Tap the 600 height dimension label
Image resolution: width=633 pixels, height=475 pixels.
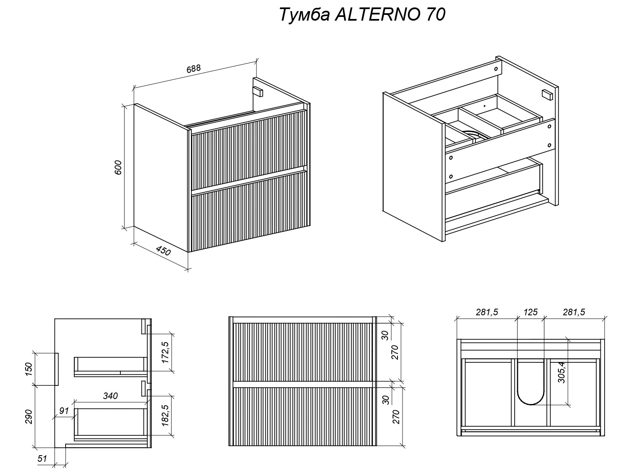coord(118,167)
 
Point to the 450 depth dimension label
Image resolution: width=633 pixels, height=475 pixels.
coord(163,250)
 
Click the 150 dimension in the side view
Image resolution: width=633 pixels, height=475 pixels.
coord(28,368)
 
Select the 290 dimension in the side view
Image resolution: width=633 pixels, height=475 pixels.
coord(28,416)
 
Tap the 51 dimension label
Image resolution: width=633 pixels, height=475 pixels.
coord(42,458)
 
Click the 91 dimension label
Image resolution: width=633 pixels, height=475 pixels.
coord(64,411)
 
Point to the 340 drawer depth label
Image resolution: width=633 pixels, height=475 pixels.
coord(110,396)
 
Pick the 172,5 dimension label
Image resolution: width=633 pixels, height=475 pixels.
coord(165,352)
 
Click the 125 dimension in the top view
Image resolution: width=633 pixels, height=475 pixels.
coord(530,312)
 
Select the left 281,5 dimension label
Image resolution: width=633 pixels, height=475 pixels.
coord(487,312)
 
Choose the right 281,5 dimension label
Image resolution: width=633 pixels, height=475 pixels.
coord(574,312)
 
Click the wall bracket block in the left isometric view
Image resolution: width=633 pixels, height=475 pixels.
coord(258,91)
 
